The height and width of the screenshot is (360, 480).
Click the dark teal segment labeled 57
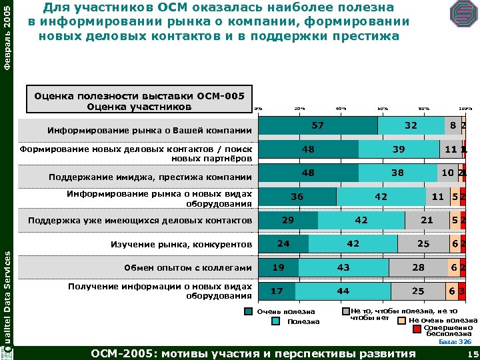318,125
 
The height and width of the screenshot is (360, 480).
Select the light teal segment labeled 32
411,125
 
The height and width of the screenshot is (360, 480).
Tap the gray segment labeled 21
427,220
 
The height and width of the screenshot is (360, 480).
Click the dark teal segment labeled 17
276,291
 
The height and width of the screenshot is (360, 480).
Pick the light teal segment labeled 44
343,291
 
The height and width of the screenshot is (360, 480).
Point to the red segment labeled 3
461,291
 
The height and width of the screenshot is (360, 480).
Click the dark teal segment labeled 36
297,197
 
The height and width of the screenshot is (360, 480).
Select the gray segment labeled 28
418,267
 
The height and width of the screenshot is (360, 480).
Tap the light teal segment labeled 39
399,149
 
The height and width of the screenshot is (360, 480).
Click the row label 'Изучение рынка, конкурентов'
181,245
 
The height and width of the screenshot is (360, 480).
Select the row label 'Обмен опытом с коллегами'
188,268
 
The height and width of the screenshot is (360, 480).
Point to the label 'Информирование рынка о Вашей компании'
149,130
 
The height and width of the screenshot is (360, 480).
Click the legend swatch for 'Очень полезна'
249,311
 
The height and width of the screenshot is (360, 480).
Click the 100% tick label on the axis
465,108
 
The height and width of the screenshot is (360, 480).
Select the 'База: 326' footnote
455,342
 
